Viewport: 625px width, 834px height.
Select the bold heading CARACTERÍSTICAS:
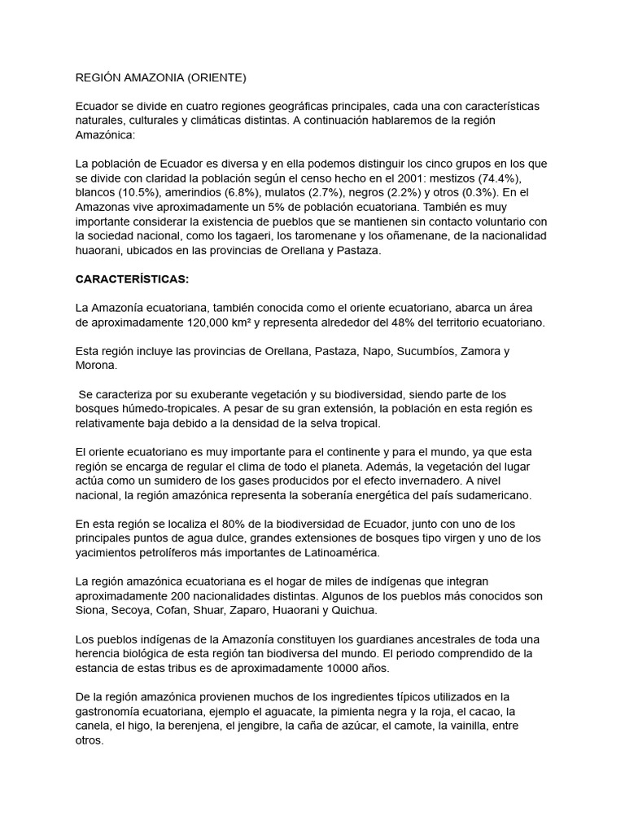coord(132,279)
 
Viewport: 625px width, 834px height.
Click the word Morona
coord(96,365)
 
